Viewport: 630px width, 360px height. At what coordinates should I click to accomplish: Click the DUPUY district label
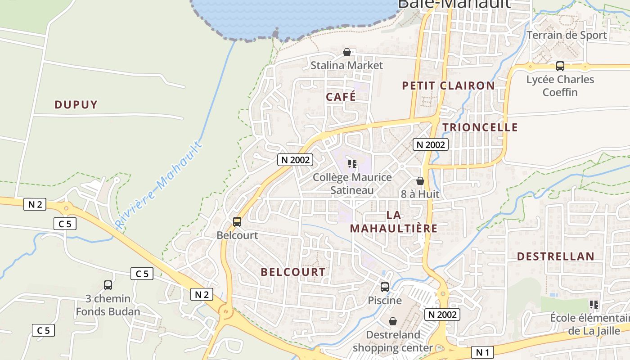tap(76, 105)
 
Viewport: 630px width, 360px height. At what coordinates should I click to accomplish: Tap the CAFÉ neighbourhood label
tap(341, 97)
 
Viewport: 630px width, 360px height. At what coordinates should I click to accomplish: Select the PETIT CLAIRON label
tap(448, 85)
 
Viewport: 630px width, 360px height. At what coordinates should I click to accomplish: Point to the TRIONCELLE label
tap(480, 127)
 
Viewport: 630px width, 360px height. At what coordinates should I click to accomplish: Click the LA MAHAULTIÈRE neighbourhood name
tap(393, 221)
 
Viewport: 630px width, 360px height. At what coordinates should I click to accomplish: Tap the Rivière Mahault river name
tap(158, 185)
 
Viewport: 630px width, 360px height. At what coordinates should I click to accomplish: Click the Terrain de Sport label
tap(567, 35)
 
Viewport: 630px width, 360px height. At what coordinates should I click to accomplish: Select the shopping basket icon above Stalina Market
tap(346, 53)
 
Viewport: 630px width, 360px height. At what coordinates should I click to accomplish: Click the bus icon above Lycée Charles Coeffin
tap(560, 66)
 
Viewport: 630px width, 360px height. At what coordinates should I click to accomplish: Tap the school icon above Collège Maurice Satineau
tap(352, 164)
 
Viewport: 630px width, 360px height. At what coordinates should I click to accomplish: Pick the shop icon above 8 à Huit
tap(420, 181)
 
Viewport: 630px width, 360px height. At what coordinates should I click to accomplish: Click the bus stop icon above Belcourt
tap(237, 221)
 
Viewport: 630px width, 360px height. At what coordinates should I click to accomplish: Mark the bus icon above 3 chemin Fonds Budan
tap(108, 285)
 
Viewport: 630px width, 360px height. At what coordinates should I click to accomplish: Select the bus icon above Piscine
tap(384, 287)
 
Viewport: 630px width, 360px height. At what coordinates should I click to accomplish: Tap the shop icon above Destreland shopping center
tap(393, 321)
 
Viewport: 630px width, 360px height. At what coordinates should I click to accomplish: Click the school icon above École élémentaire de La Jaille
tap(594, 305)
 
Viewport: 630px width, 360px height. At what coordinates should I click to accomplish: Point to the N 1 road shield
tap(482, 352)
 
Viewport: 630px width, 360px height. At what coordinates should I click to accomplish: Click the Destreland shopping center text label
tap(393, 341)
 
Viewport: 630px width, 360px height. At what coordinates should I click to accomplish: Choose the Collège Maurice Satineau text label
tap(352, 184)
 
